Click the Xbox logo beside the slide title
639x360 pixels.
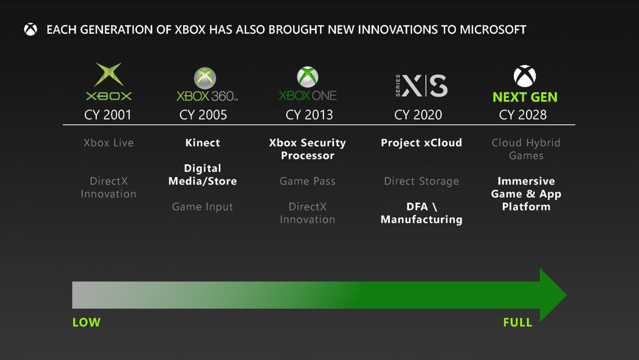click(x=31, y=30)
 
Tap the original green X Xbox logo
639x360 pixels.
click(x=109, y=82)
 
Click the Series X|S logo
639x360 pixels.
click(x=421, y=86)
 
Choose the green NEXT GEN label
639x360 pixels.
click(x=525, y=97)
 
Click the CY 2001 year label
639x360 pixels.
click(x=108, y=115)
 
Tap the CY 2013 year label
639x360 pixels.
click(x=309, y=115)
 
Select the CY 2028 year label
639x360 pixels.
click(x=523, y=115)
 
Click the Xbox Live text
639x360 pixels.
click(x=108, y=143)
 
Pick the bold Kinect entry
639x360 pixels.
click(x=202, y=143)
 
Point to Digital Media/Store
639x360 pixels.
click(x=202, y=175)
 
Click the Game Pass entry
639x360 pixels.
click(x=308, y=181)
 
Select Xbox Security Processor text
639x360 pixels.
click(x=308, y=149)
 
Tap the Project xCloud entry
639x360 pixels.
click(x=421, y=143)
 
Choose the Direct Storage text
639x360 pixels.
click(x=421, y=181)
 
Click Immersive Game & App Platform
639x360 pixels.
click(x=526, y=194)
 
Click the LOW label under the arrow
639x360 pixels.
click(x=87, y=322)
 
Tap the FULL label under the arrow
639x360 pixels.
click(x=517, y=322)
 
